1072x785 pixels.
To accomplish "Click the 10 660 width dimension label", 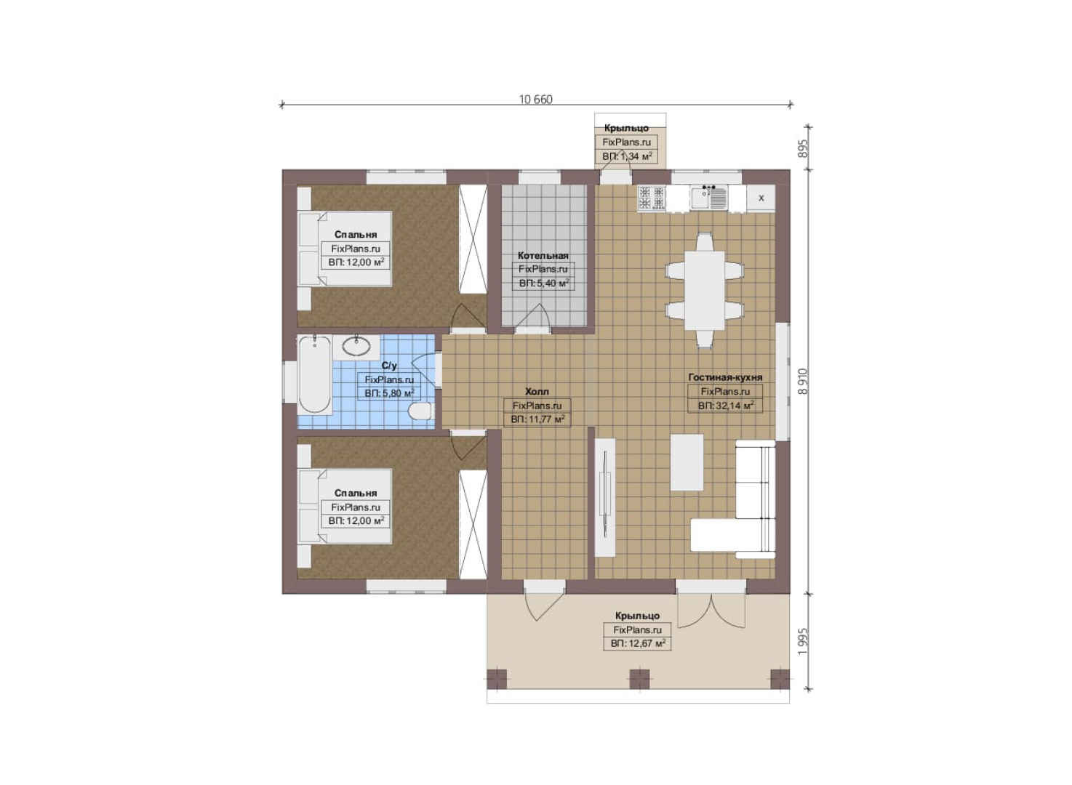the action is coord(535,100).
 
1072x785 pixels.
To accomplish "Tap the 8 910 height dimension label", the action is coord(803,382).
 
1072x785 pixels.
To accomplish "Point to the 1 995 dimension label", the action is coord(803,642).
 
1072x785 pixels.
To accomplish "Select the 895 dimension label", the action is coord(803,148).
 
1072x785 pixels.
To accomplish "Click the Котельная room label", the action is coord(543,255).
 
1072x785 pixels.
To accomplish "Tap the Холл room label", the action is coord(537,391).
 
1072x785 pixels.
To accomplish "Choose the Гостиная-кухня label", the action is coord(725,377).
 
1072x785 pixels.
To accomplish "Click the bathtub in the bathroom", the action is coord(314,374).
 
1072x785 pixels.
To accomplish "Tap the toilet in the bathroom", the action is coord(420,411).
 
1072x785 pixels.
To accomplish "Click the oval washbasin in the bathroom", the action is coord(356,347).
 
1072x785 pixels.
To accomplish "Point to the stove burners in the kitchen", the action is coord(652,198).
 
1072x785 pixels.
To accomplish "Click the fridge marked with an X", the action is coord(761,198).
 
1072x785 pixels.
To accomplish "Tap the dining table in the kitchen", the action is coord(704,290).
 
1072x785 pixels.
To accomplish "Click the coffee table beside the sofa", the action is coord(687,462).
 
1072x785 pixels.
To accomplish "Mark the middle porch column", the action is coord(639,679).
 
